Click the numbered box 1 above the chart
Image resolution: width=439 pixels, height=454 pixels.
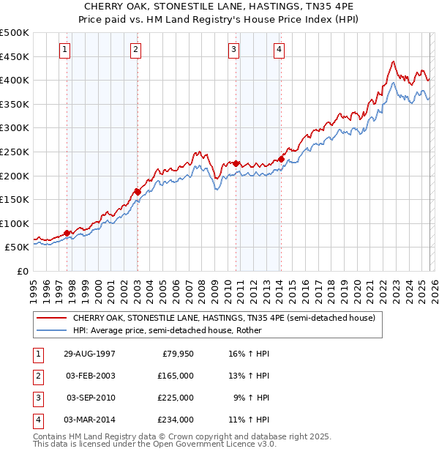(65, 50)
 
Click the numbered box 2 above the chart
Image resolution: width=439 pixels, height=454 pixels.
(136, 50)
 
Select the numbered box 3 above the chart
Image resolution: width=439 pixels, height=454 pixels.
(233, 50)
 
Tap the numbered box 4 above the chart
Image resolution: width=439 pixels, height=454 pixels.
(279, 50)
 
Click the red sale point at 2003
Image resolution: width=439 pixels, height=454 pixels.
(138, 192)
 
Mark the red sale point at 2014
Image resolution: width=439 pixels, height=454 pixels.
(281, 159)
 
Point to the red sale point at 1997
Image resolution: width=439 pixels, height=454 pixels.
(67, 233)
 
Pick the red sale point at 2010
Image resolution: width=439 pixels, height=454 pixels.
(236, 163)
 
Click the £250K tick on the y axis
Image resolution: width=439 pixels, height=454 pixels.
(15, 152)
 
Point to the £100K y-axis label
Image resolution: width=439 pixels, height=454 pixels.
(15, 223)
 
